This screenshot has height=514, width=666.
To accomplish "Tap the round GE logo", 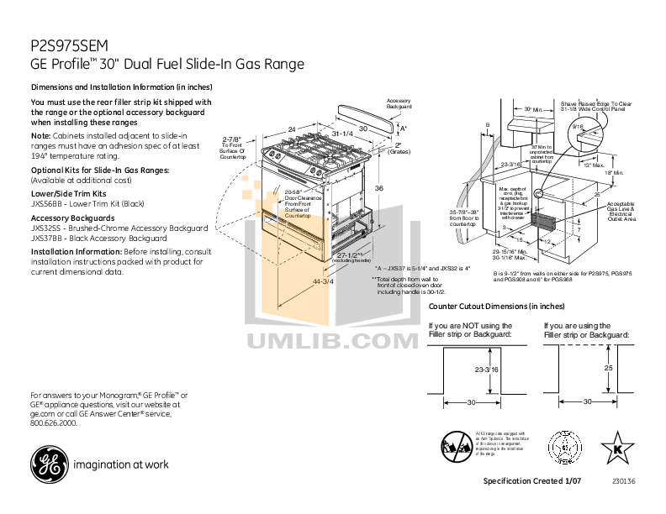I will point(47,463).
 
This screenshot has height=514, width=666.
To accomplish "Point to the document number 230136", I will point(625,480).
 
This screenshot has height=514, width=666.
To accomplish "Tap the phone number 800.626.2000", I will point(54,423).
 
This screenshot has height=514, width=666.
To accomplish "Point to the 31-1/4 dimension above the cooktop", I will point(341,134).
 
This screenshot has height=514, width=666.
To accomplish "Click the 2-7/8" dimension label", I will point(232,139).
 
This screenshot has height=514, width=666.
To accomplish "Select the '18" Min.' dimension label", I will point(618,172).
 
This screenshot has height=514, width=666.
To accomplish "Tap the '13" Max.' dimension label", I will point(594,164).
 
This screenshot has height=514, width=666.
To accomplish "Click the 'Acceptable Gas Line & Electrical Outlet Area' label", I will point(621,211).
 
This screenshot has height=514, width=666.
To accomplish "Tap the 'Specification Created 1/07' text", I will point(532,480).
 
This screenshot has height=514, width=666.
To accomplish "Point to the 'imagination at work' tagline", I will point(121,464).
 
